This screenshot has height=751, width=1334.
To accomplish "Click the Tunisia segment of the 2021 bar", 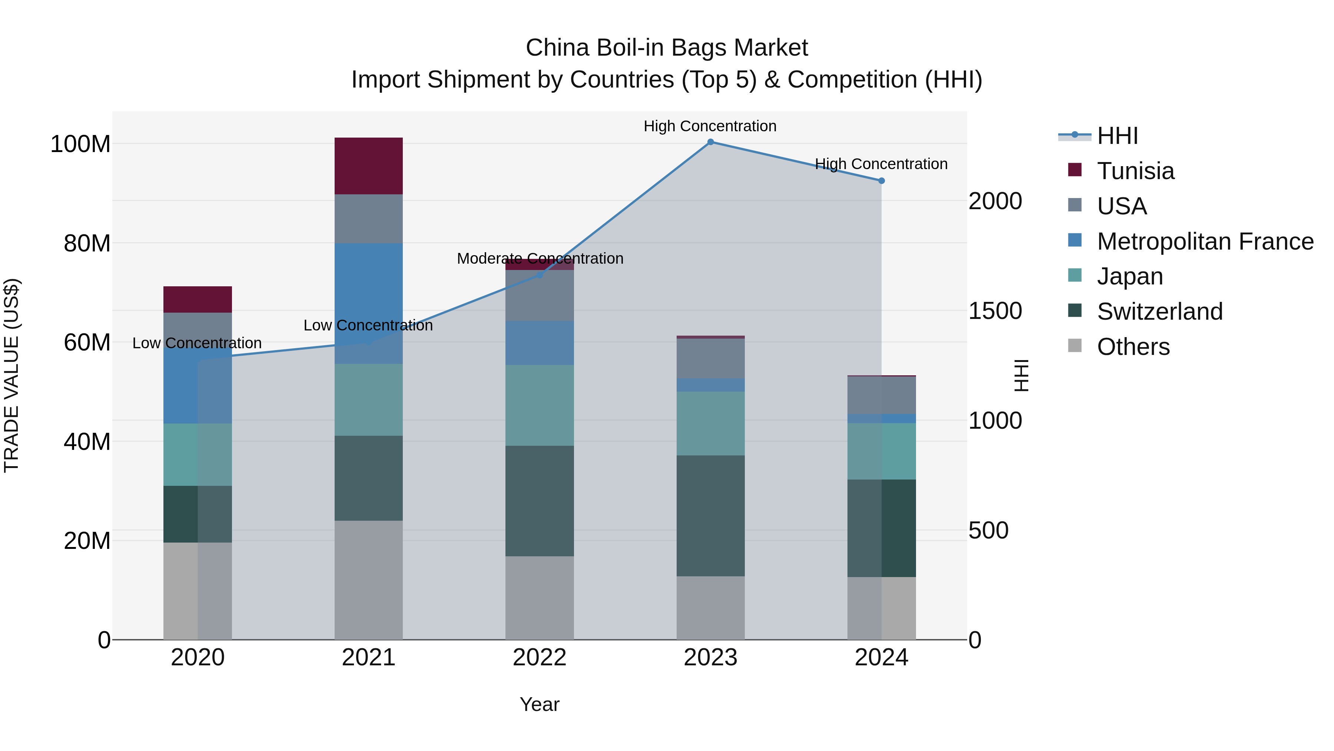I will pos(368,166).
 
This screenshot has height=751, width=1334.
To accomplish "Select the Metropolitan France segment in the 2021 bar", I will pos(368,303).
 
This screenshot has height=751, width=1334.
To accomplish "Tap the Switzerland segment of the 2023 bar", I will pos(710,516).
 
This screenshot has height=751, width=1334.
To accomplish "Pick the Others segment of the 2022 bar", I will pos(539,597).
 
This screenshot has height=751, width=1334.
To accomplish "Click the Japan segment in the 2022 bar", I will pos(539,405).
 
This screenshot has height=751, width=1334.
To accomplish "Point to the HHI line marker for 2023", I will pos(710,142).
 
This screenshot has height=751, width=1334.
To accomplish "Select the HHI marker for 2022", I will pos(539,275).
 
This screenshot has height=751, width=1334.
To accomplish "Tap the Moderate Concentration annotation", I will pos(540,258).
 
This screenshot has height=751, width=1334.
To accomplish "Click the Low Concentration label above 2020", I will pos(197,343).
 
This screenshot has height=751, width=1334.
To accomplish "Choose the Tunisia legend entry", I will pos(1135,171).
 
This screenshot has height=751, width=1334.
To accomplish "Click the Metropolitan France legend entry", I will pos(1205,241).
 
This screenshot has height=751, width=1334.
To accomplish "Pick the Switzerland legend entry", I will pos(1159,312).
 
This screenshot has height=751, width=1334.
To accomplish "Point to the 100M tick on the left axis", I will pos(80,144).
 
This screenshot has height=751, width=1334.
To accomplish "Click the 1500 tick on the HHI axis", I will pos(995,311).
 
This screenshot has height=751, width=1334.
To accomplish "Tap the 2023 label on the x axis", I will pos(710,658).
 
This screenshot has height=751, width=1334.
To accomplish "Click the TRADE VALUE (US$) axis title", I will pos(11,375).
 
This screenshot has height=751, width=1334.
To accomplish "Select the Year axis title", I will pos(539,704).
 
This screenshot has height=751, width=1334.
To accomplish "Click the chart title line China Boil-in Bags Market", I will pos(667,48).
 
